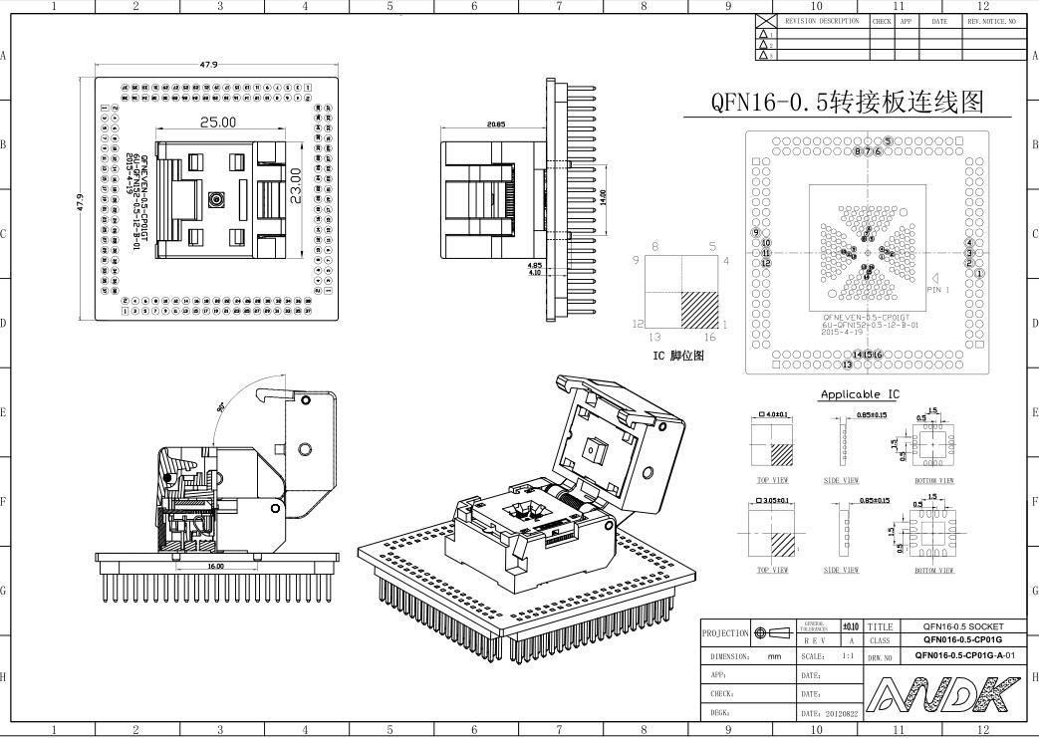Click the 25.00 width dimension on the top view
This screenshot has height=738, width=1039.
pos(217,123)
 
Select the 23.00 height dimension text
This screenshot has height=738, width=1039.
pos(295,186)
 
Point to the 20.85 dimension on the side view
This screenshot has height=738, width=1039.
pos(495,124)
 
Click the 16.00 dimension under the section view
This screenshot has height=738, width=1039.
pos(215,566)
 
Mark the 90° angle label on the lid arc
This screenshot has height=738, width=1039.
pos(220,408)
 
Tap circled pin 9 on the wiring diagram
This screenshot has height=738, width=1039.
pos(756,232)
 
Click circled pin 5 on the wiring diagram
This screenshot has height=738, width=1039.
pos(888,141)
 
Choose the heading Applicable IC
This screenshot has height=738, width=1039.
pos(859,394)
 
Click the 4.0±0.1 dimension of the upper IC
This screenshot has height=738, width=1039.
pos(772,413)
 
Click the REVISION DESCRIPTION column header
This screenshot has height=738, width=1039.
pos(822,21)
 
